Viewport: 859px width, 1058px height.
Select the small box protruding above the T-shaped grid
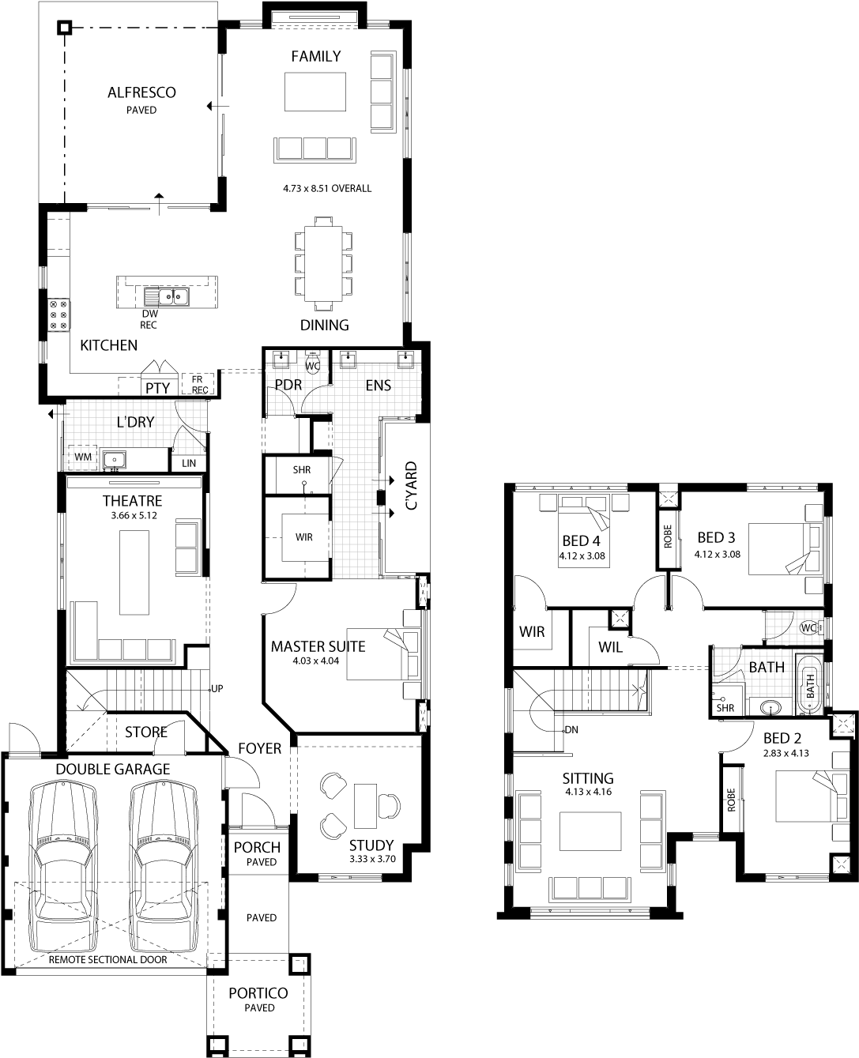pyautogui.click(x=312, y=357)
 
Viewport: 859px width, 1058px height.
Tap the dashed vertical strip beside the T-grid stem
pyautogui.click(x=330, y=437)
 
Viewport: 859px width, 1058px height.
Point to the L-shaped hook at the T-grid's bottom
pyautogui.click(x=382, y=577)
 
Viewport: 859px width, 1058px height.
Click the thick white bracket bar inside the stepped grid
pyautogui.click(x=766, y=650)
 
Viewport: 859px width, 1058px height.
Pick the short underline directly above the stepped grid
pyautogui.click(x=762, y=603)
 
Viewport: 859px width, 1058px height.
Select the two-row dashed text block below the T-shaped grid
pyautogui.click(x=305, y=657)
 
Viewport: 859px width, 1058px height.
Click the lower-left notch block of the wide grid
pyautogui.click(x=81, y=459)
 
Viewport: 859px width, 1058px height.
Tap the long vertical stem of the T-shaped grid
pyautogui.click(x=356, y=498)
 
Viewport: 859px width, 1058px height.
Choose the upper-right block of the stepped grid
pyautogui.click(x=794, y=626)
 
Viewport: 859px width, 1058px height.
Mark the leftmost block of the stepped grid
pyautogui.click(x=729, y=665)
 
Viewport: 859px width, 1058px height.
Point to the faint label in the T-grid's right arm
pyautogui.click(x=379, y=386)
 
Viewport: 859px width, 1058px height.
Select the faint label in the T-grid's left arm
pyautogui.click(x=288, y=386)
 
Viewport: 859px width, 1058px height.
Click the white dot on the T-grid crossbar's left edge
pyautogui.click(x=267, y=371)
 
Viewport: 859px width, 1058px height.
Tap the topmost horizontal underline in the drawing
pyautogui.click(x=138, y=115)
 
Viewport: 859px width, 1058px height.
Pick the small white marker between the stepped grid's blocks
pyautogui.click(x=786, y=644)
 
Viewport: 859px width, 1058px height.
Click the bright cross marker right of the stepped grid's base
pyautogui.click(x=850, y=719)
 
